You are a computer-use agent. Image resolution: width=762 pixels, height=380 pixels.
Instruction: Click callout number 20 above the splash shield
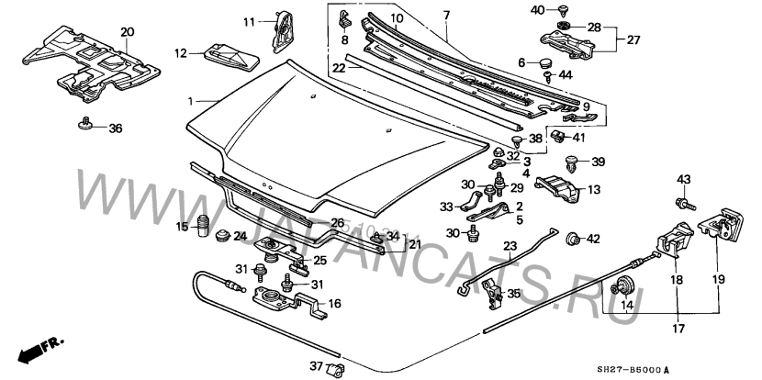[x=126, y=31]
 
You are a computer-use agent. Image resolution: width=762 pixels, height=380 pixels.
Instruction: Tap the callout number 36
[x=115, y=129]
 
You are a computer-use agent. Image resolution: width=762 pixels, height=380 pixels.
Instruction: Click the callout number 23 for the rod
[x=510, y=246]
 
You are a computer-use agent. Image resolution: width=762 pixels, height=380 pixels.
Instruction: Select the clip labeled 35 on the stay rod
[x=493, y=293]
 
